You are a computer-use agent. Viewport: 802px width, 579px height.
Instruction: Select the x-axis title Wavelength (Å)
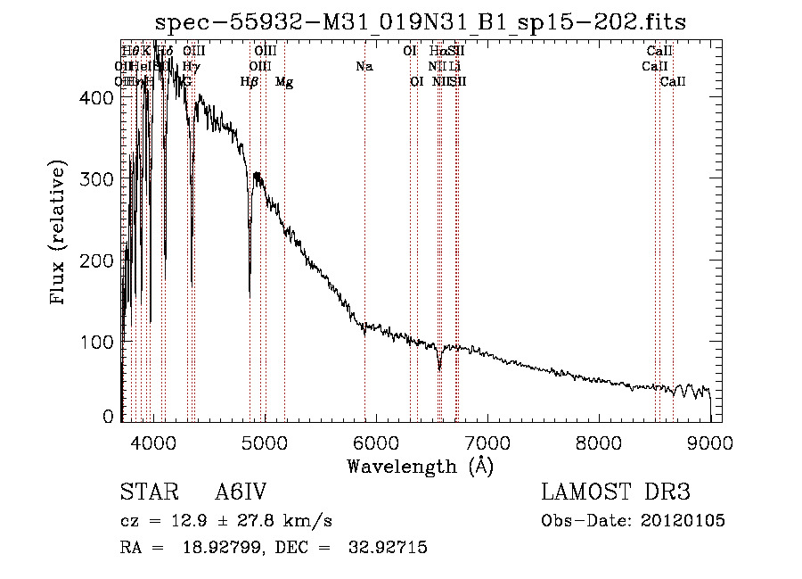click(420, 466)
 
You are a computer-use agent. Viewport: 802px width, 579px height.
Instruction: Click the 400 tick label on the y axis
click(98, 98)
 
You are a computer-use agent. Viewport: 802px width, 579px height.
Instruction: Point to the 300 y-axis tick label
click(98, 179)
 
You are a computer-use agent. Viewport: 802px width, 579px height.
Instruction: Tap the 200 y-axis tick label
click(98, 261)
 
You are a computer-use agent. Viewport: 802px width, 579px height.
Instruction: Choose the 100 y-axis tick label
click(98, 342)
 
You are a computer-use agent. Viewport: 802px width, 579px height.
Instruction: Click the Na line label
click(364, 66)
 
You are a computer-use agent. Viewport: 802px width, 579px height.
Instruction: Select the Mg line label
click(284, 82)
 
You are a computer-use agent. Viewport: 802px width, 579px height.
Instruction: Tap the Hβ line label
click(250, 82)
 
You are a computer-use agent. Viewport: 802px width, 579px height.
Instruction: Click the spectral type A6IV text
click(241, 492)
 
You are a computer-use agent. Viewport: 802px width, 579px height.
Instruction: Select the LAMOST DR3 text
click(616, 492)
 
